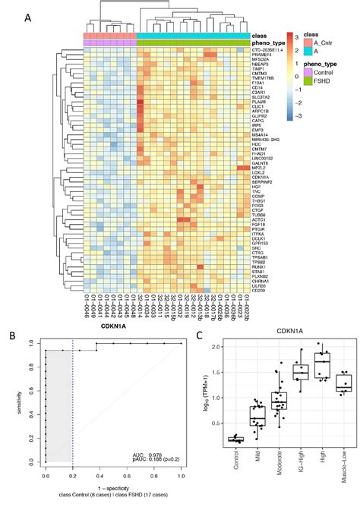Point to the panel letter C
tap(198, 334)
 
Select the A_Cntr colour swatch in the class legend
tap(308, 45)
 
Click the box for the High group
tap(323, 370)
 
